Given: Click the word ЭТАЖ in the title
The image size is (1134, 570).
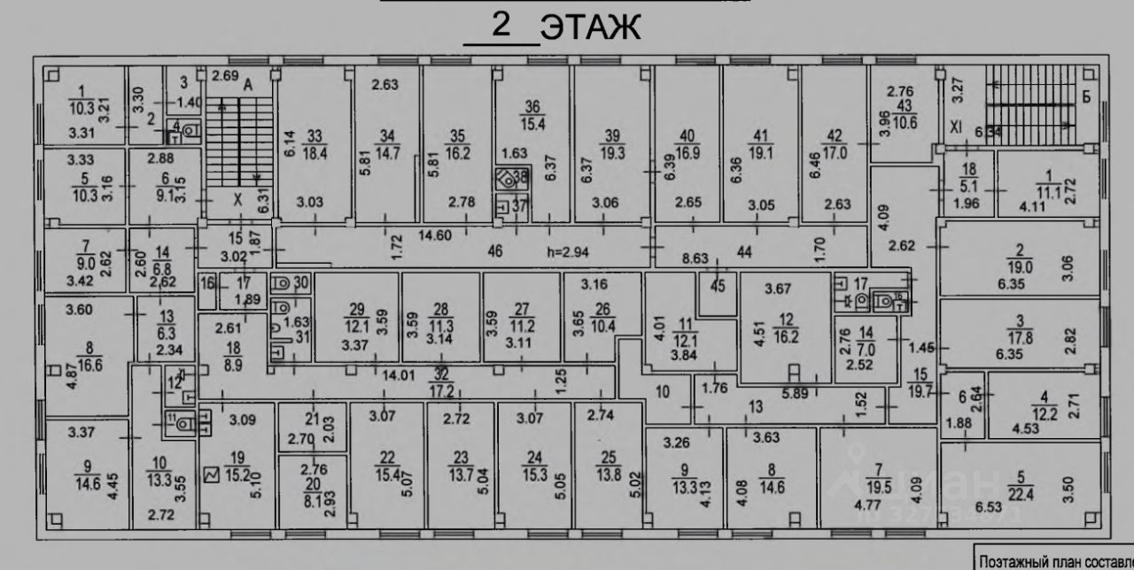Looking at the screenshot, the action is (x=590, y=28).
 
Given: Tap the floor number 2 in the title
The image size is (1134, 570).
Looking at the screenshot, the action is (x=502, y=26).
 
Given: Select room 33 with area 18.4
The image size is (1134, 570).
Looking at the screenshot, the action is (x=315, y=143).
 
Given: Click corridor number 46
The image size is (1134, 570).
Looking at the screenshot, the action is (x=495, y=251).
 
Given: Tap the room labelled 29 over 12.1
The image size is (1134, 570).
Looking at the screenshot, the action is (x=357, y=316).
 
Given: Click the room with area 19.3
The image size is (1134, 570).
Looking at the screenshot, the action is (x=613, y=144).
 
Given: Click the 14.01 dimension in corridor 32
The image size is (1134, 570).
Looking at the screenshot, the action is (x=400, y=375).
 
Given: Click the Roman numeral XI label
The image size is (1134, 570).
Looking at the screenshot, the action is (x=956, y=127).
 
